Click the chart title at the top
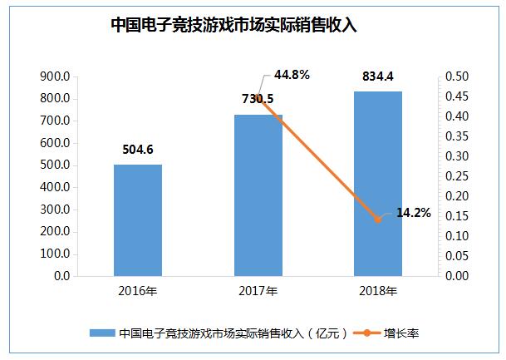[x=233, y=24]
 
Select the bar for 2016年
[x=138, y=219]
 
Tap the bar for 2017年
[x=258, y=195]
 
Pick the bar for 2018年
[x=378, y=183]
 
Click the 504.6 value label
[x=138, y=150]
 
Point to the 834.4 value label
[x=378, y=76]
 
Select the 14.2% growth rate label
[x=413, y=213]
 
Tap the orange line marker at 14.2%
[x=378, y=219]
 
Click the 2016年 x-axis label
[x=138, y=292]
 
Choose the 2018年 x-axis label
[x=378, y=292]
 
